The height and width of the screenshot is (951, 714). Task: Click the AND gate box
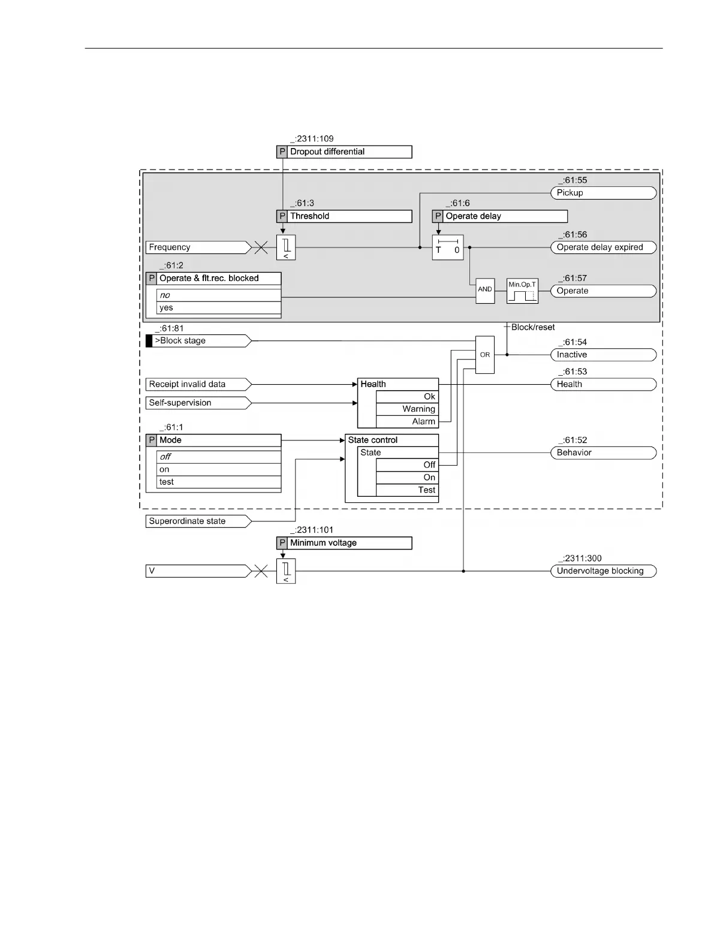[x=485, y=291]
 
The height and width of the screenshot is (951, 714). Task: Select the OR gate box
[x=485, y=355]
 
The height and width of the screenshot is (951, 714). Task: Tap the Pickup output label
[x=602, y=193]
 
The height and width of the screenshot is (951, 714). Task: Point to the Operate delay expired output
[x=602, y=247]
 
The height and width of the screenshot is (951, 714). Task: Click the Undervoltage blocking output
[x=602, y=571]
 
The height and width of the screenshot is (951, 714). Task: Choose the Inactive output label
[x=602, y=355]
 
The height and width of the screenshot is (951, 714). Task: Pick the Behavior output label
[x=602, y=453]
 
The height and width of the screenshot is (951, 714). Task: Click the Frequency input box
[x=198, y=247]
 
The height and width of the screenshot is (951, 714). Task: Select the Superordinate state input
[x=198, y=521]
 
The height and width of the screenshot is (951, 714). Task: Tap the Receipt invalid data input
[x=198, y=384]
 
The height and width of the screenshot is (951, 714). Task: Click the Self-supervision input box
[x=198, y=403]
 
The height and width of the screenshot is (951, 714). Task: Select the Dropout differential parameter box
[x=344, y=152]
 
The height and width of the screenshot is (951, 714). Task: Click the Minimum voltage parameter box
[x=344, y=543]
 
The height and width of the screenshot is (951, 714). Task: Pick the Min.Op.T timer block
[x=522, y=291]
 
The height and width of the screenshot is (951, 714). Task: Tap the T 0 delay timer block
[x=448, y=247]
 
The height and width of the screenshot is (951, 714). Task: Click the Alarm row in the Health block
[x=407, y=422]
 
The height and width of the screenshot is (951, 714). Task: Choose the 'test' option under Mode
[x=218, y=482]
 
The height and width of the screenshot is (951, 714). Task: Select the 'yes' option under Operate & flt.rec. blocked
[x=218, y=308]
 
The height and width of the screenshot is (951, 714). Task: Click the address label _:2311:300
[x=580, y=558]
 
